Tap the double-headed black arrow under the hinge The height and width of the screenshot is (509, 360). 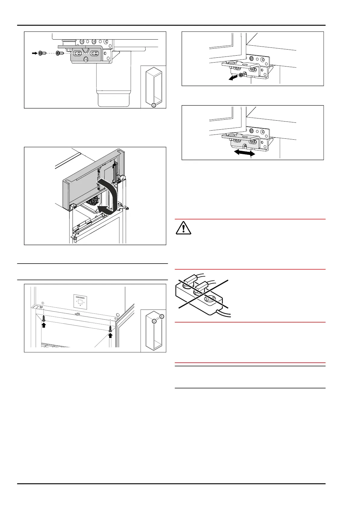point(243,153)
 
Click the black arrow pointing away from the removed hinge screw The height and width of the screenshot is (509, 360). point(232,78)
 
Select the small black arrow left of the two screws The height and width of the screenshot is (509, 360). point(34,53)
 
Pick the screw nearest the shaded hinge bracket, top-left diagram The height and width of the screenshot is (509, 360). point(60,53)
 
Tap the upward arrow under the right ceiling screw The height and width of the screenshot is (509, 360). point(110,336)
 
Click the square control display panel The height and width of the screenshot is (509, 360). point(80,301)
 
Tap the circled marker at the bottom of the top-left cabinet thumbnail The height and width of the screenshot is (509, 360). point(154,105)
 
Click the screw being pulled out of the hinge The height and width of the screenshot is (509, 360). point(241,75)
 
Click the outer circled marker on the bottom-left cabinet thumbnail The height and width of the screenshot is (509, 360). point(162,316)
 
